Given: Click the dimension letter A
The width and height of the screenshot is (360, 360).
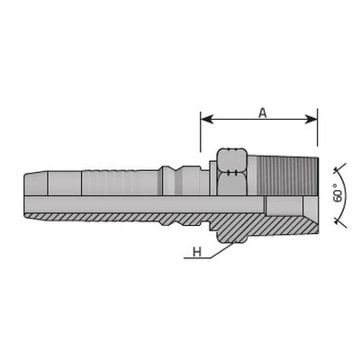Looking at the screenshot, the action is (263, 112).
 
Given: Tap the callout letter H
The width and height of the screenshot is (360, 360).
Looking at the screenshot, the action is (197, 252).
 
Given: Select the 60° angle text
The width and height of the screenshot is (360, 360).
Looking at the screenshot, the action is (338, 193).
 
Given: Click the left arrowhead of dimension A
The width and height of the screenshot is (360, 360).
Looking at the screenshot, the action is (206, 119).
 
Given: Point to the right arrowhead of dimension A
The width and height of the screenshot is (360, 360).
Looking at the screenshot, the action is (311, 119).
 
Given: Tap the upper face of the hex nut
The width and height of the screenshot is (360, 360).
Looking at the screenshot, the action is (231, 159).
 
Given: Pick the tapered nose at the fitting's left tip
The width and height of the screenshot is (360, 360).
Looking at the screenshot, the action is (35, 183).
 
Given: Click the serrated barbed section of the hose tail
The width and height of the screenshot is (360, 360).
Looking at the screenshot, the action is (121, 183).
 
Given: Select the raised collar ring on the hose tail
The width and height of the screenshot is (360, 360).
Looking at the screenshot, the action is (170, 180).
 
